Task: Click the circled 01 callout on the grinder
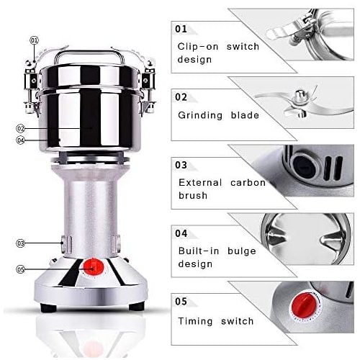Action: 34,40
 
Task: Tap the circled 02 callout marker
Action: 20,129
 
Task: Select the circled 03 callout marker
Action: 20,243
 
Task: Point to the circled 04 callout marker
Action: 20,140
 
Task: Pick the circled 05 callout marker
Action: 20,269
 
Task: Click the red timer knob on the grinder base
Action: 94,267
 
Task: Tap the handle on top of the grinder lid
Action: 89,56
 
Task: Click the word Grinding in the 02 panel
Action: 200,115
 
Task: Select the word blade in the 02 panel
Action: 245,115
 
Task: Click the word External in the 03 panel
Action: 200,183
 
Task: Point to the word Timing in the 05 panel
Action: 195,321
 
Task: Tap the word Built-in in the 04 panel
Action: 199,251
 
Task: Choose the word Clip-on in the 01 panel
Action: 198,47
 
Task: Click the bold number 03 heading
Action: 181,165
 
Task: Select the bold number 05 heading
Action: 181,302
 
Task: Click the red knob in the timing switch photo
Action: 304,306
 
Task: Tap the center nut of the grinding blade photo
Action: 300,94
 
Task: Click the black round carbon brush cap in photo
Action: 304,166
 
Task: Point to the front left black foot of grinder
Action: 49,307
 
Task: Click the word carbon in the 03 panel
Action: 248,183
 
